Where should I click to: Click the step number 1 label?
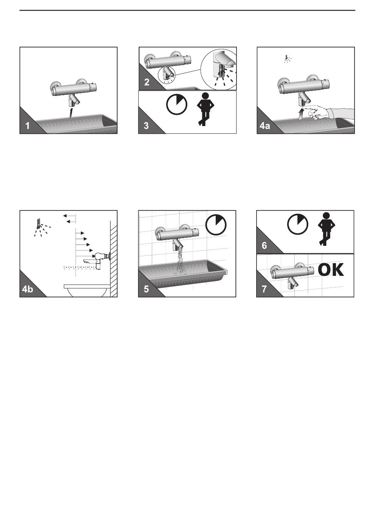(x=27, y=126)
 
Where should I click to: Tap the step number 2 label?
(x=147, y=82)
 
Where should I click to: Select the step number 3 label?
(x=146, y=126)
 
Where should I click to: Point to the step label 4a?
(x=265, y=126)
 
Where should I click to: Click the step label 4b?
(x=27, y=289)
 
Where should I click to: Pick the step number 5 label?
(x=146, y=289)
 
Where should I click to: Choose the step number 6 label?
(x=264, y=245)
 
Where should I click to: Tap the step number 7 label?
(x=264, y=289)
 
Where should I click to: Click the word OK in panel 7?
(x=331, y=270)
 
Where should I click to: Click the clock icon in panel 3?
(x=176, y=104)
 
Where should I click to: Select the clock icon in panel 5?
(x=216, y=225)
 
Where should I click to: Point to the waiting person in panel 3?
(x=205, y=109)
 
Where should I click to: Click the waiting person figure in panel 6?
(x=326, y=229)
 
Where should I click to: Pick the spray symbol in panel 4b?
(x=42, y=227)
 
